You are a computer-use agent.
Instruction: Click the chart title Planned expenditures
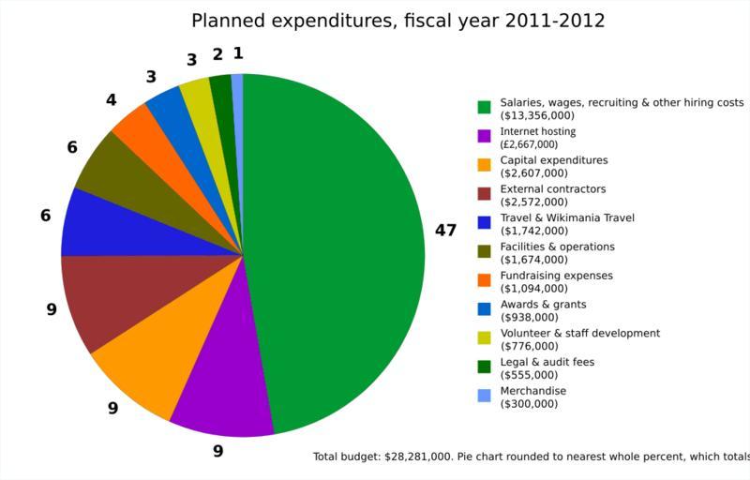tap(398, 21)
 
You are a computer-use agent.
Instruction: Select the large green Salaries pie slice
tap(337, 244)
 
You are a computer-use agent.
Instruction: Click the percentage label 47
tap(445, 231)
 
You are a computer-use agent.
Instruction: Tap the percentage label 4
tap(111, 98)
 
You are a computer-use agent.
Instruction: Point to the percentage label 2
tap(217, 54)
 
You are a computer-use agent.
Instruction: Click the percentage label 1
tap(238, 52)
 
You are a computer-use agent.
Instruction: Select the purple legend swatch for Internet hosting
tap(484, 136)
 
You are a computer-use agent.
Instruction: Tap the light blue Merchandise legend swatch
tap(484, 396)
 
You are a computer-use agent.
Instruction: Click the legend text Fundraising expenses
tap(556, 276)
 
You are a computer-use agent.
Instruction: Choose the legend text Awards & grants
tap(543, 304)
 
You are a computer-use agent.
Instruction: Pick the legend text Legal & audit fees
tap(547, 362)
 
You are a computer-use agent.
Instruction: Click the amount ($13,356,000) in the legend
tap(539, 115)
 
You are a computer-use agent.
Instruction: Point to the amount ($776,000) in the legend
tap(532, 346)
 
